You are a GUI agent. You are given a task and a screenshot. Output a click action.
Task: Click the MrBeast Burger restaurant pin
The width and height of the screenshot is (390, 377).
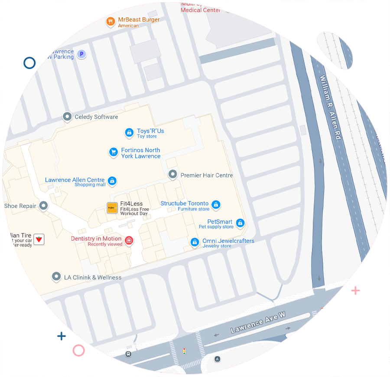(111, 21)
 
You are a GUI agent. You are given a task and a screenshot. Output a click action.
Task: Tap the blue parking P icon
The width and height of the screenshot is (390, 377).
(81, 54)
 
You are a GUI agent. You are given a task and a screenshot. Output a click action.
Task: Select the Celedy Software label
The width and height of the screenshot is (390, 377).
(96, 117)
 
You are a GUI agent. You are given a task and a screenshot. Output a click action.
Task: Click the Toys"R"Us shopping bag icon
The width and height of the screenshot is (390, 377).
(129, 132)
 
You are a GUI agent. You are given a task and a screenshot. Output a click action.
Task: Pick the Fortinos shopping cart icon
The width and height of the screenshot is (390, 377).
(113, 152)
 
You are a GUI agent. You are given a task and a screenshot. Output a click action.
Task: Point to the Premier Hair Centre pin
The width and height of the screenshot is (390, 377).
(172, 174)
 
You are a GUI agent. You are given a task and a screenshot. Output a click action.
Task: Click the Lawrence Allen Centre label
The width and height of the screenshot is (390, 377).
(75, 180)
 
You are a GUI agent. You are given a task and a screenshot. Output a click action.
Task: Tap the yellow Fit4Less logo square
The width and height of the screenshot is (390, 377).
(112, 208)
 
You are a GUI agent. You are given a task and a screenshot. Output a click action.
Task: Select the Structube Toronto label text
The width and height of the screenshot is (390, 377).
(184, 203)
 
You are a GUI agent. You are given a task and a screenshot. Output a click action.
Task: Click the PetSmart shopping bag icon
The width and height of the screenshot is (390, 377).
(240, 223)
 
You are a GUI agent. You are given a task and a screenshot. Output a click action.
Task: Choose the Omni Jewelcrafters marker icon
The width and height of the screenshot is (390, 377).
(195, 242)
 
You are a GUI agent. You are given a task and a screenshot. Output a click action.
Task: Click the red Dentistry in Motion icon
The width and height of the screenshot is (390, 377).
(129, 240)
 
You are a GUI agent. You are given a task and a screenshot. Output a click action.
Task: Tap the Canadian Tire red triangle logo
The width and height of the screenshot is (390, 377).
(39, 239)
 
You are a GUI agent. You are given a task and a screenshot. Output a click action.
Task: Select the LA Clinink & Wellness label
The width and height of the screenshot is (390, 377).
(92, 277)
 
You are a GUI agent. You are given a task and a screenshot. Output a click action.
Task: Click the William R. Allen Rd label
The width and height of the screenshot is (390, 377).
(331, 107)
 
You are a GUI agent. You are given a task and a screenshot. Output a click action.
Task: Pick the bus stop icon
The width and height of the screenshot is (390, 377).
(128, 354)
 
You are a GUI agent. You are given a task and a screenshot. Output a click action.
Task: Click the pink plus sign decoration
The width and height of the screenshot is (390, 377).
(355, 290)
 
